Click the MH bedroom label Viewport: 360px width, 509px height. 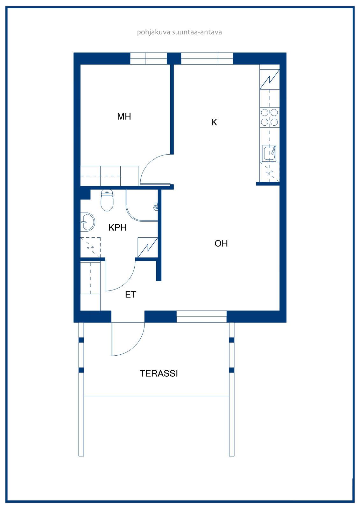pyautogui.click(x=124, y=116)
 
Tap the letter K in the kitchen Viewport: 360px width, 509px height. pyautogui.click(x=214, y=122)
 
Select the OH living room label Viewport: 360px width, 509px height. pyautogui.click(x=221, y=244)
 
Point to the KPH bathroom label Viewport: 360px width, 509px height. pyautogui.click(x=117, y=227)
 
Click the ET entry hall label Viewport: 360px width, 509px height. pyautogui.click(x=131, y=295)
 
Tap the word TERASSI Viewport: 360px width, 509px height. pyautogui.click(x=159, y=373)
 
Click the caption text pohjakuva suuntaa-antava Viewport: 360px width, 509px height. pyautogui.click(x=180, y=32)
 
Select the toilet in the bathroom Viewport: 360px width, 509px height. pyautogui.click(x=107, y=200)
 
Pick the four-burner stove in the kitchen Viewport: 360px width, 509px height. pyautogui.click(x=270, y=117)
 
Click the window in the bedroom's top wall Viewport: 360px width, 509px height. pyautogui.click(x=149, y=59)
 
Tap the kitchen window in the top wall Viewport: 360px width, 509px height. pyautogui.click(x=207, y=59)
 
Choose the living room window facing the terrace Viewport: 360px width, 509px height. pyautogui.click(x=201, y=316)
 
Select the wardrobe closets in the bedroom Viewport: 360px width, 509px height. pyautogui.click(x=109, y=176)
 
